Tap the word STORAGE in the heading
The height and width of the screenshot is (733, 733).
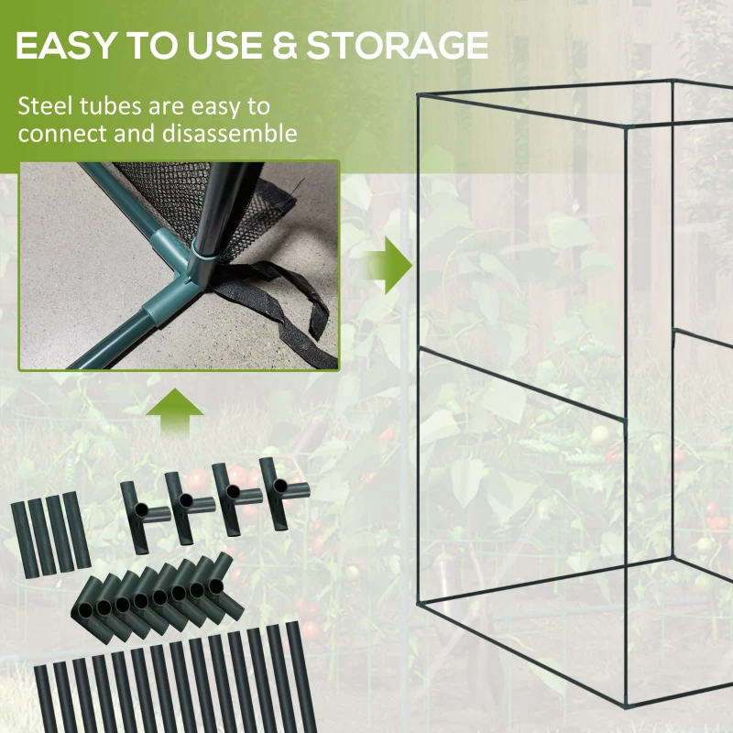click(397, 44)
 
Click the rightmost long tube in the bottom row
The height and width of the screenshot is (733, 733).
click(295, 673)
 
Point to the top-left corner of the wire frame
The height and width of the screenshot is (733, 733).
click(418, 94)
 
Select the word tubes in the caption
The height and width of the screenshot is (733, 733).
click(113, 106)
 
